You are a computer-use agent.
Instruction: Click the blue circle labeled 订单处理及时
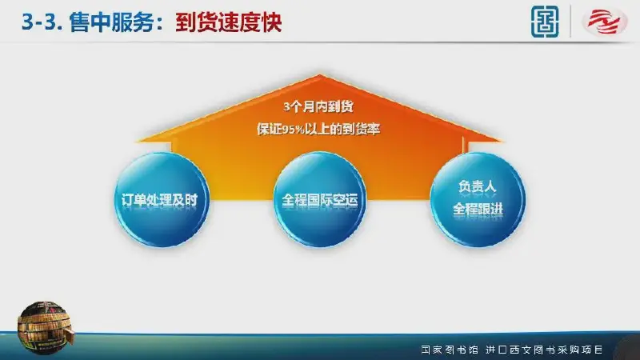coord(162,199)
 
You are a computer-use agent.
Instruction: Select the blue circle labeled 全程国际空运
coord(320,199)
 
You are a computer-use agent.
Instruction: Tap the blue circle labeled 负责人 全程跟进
coord(478,199)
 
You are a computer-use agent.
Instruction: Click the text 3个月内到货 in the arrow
coord(318,107)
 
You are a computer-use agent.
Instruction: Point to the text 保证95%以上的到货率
coord(318,129)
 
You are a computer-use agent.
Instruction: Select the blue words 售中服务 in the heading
coord(111,22)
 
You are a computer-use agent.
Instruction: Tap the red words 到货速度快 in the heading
coord(229,22)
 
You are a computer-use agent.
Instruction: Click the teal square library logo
coord(545,22)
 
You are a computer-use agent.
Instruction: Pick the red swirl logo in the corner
coord(605,22)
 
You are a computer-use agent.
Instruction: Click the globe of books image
coord(44,327)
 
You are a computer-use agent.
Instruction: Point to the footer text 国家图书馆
coord(450,350)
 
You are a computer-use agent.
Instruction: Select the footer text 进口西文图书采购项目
coord(544,350)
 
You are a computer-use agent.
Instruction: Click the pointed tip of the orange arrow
coord(320,74)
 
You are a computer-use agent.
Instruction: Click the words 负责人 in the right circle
coord(477,186)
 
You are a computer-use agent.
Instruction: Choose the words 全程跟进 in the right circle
coord(478,209)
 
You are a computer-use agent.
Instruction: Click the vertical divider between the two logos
coord(570,22)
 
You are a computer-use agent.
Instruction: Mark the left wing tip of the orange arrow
coord(136,142)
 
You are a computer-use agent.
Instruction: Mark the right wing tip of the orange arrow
coord(502,141)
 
